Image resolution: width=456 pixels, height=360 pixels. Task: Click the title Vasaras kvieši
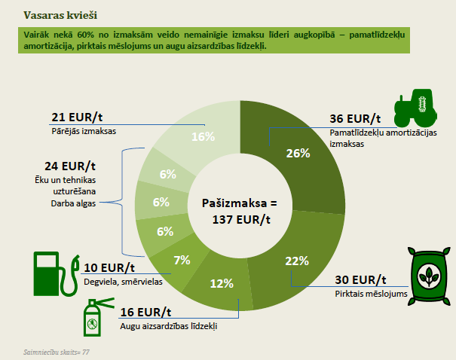[60, 15]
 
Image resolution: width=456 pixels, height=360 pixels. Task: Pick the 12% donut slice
[221, 283]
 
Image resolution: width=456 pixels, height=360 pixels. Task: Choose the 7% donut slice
[179, 261]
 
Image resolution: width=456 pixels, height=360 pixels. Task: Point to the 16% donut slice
[200, 135]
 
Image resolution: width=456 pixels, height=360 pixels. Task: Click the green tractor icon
[415, 108]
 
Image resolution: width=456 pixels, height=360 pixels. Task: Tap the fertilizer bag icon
[429, 276]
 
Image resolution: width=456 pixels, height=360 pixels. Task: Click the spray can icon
[96, 317]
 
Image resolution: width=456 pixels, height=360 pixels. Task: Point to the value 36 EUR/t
[355, 118]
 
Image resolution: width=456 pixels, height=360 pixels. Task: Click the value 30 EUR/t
[360, 280]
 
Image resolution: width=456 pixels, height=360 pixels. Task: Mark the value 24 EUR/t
[70, 166]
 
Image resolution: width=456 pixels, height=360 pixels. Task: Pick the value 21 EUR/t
[77, 117]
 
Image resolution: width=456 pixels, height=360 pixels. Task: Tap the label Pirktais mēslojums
[371, 294]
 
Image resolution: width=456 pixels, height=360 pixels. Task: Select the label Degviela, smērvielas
[123, 282]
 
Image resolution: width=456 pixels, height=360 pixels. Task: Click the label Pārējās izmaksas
[84, 131]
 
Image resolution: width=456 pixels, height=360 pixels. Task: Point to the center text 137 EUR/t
[241, 220]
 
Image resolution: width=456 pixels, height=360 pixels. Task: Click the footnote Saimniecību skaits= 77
[57, 352]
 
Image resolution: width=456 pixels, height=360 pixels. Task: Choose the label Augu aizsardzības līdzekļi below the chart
[169, 326]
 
